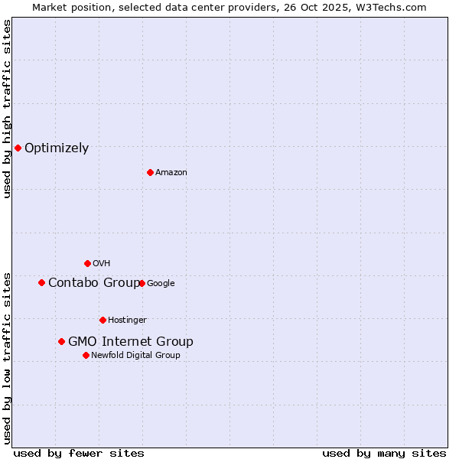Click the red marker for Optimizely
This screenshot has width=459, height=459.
[18, 148]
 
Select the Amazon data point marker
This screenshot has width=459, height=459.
[150, 172]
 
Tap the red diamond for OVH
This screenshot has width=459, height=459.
[87, 263]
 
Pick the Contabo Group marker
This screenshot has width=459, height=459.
[41, 282]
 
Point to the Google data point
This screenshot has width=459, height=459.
[142, 283]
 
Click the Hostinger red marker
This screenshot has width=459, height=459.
[103, 320]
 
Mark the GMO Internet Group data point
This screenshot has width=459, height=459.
[61, 341]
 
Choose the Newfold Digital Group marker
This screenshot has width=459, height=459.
[86, 355]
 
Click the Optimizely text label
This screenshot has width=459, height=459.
[57, 148]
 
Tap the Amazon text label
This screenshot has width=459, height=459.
[171, 173]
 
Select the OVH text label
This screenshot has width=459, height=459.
[102, 264]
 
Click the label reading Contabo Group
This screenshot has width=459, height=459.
[93, 283]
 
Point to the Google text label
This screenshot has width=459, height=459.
[161, 284]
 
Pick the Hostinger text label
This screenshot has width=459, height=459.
[127, 321]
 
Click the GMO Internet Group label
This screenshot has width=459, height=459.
[131, 342]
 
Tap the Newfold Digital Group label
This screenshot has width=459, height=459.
[136, 356]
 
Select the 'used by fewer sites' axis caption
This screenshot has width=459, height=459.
[79, 453]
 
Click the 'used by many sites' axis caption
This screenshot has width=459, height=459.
[384, 453]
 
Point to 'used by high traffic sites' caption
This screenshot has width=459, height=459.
[7, 109]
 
